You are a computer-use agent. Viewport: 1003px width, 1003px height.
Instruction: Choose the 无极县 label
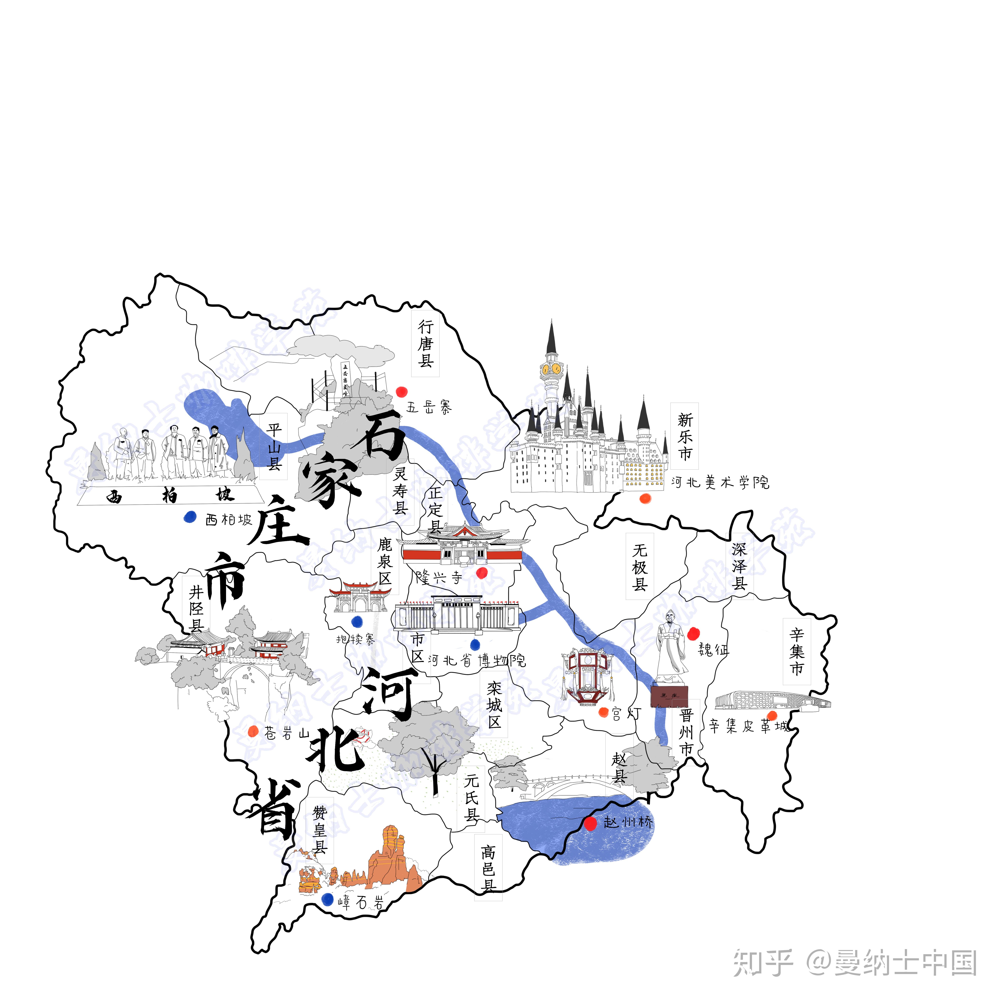click(640, 567)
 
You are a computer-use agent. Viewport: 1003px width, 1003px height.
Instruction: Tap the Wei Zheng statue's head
click(670, 618)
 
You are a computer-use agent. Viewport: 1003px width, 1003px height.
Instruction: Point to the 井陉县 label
click(196, 608)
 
